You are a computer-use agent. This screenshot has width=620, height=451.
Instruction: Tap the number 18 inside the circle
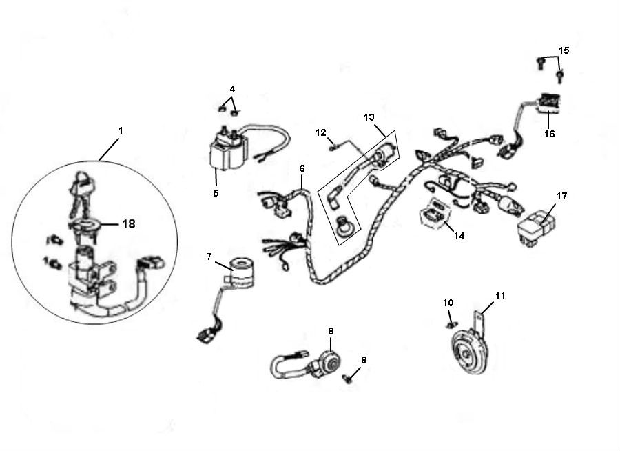[128, 223]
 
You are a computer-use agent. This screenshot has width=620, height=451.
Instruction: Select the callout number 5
[216, 193]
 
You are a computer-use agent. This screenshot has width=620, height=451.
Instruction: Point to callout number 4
[232, 89]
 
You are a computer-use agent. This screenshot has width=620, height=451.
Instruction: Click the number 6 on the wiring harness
[301, 168]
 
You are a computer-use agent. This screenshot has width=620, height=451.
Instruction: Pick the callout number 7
[209, 257]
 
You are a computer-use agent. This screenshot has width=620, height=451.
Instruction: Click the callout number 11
[500, 296]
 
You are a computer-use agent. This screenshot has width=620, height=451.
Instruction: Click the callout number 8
[331, 331]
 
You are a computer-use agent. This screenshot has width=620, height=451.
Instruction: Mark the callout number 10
[448, 302]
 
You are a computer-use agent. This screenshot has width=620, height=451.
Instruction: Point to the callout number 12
[320, 132]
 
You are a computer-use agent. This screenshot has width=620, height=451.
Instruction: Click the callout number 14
[459, 235]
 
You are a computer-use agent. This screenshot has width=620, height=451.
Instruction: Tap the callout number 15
[564, 50]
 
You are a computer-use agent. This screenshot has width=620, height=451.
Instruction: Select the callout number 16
[549, 134]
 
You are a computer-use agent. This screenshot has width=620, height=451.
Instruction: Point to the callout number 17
[561, 196]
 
